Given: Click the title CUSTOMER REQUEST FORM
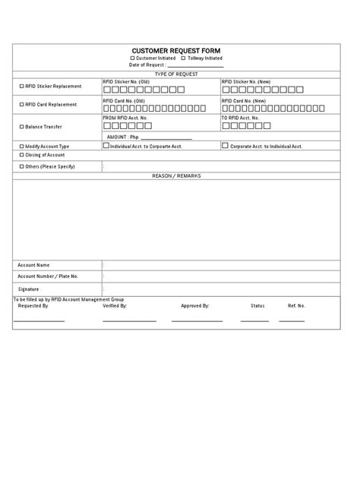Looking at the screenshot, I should tap(176, 50).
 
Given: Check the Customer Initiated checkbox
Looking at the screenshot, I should tap(133, 58).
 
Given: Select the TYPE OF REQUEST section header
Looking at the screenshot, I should tap(176, 74).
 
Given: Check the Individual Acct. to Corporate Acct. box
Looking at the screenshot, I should tap(106, 145).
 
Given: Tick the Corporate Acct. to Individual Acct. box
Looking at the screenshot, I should tap(225, 145).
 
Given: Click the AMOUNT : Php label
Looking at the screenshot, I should tap(124, 137).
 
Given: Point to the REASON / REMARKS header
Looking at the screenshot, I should tap(176, 175).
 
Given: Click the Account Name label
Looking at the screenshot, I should tap(33, 265).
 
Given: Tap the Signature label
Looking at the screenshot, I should tap(29, 289).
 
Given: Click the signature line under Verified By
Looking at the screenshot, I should tap(129, 321).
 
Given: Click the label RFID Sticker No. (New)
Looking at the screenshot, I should tap(247, 81).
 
